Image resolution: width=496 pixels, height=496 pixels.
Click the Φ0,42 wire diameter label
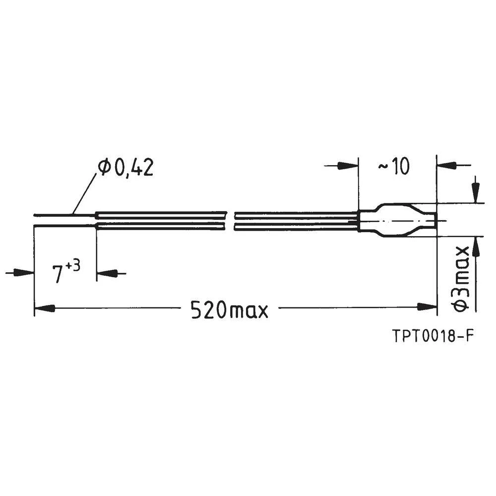click(125, 168)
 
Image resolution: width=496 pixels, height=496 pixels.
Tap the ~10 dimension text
click(394, 167)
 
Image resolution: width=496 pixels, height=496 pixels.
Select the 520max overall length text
click(229, 310)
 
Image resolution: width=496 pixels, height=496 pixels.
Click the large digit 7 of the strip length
click(59, 274)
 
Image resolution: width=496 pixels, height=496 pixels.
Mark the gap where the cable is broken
click(229, 221)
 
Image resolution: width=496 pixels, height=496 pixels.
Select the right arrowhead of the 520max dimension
click(427, 307)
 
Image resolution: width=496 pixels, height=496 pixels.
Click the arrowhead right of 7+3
click(106, 273)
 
